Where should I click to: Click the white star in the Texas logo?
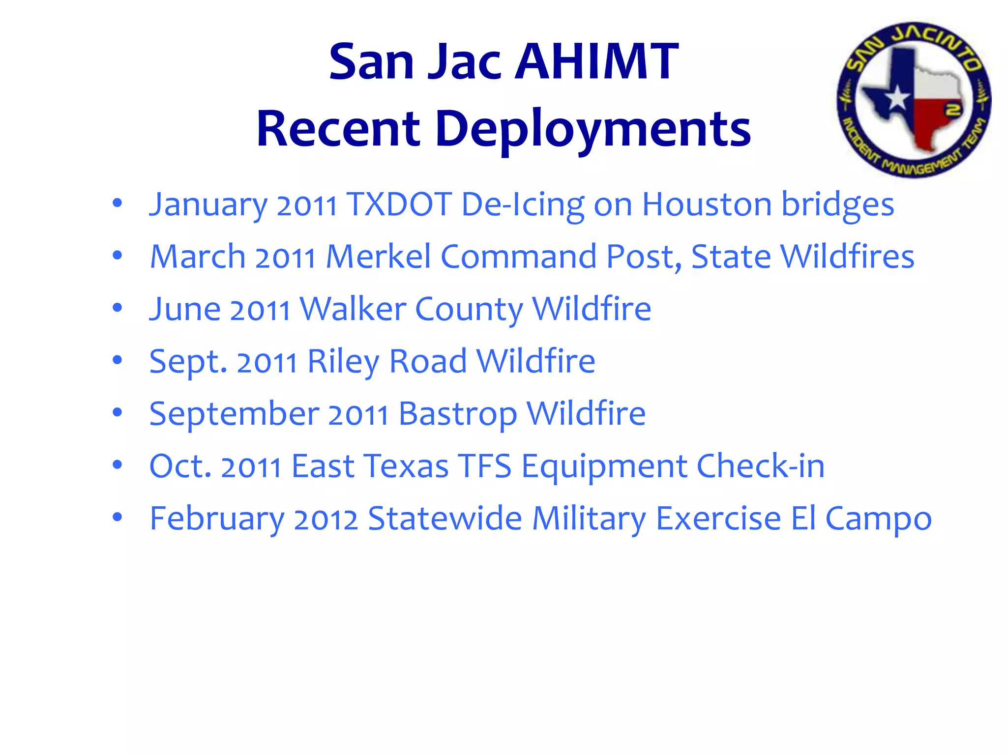pos(897,97)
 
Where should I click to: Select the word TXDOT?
pos(399,204)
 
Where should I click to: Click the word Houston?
pos(707,204)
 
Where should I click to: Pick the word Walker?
pos(353,309)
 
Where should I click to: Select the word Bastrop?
pos(457,414)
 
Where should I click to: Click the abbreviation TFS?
pos(485,466)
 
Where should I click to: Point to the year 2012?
pos(326,519)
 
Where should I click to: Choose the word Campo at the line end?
pos(878,519)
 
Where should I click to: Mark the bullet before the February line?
pos(117,518)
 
